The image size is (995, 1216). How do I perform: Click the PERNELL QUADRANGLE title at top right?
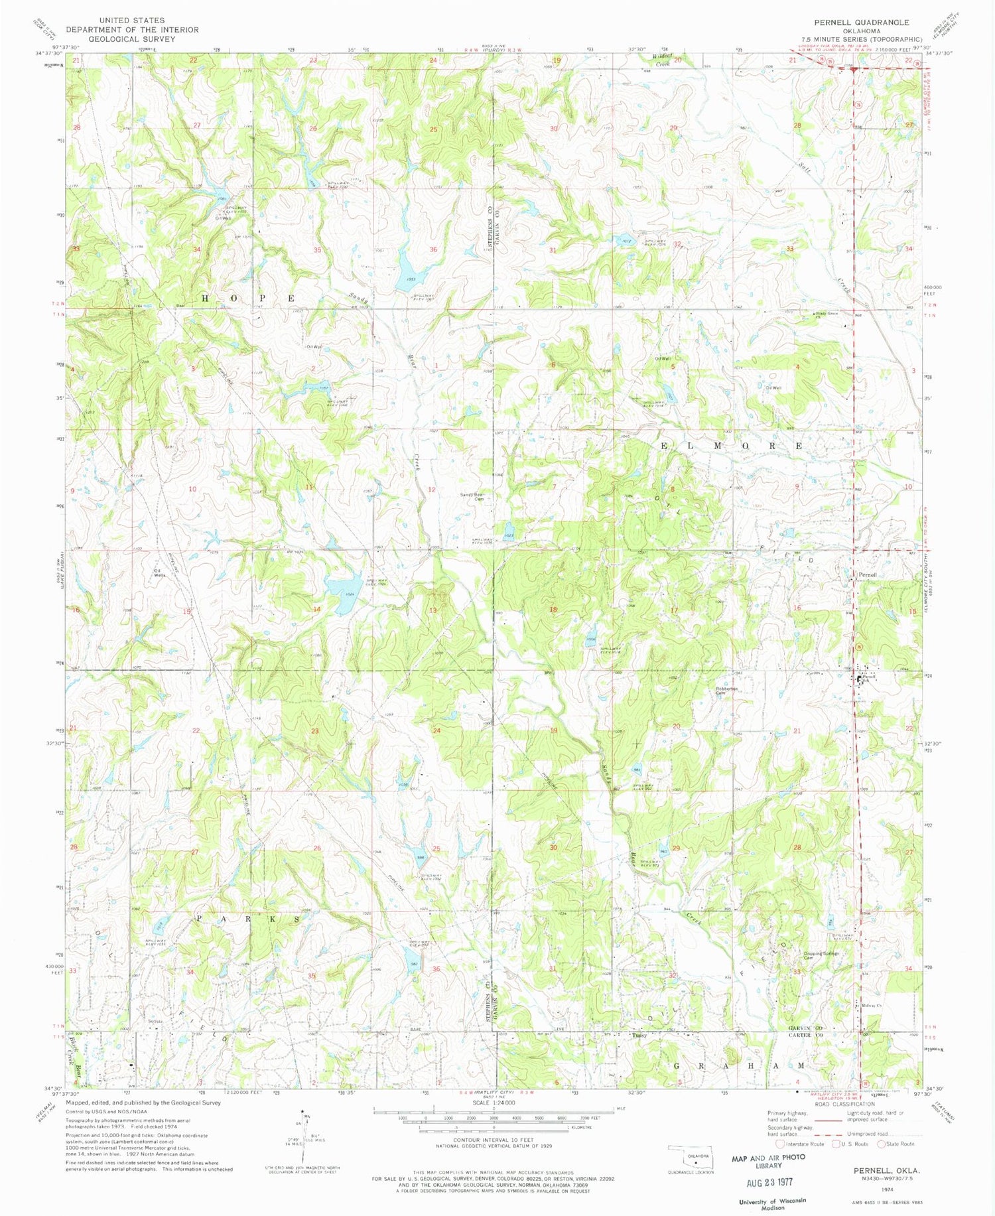pyautogui.click(x=862, y=23)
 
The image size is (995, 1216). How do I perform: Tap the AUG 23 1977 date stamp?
pyautogui.click(x=769, y=1182)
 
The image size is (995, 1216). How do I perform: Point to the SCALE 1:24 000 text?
pyautogui.click(x=494, y=1103)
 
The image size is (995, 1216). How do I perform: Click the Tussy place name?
pyautogui.click(x=639, y=1035)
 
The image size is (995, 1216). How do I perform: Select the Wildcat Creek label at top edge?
pyautogui.click(x=663, y=60)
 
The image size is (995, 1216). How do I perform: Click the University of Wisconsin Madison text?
pyautogui.click(x=772, y=1203)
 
